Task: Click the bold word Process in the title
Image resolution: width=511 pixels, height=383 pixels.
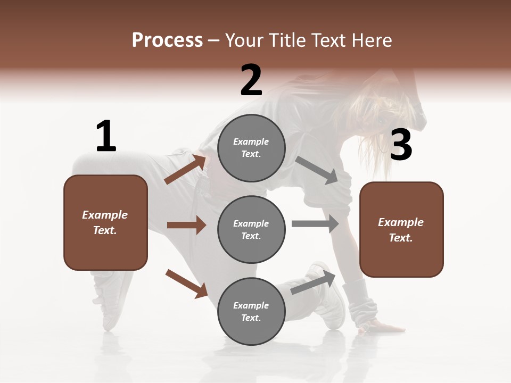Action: (167, 40)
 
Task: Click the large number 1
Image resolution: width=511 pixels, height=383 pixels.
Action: (106, 136)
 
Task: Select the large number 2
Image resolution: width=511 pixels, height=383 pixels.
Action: (251, 80)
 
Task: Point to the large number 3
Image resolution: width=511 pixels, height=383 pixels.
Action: (401, 145)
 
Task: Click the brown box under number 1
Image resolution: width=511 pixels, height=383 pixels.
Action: (105, 222)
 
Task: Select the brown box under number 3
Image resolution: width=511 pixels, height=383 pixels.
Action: (401, 230)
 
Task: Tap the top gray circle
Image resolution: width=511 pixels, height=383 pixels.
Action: (251, 148)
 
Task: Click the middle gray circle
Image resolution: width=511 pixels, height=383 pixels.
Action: (251, 229)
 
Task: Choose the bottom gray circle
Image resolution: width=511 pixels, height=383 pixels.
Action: (251, 311)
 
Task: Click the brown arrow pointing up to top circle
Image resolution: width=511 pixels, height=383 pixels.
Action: (185, 169)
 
